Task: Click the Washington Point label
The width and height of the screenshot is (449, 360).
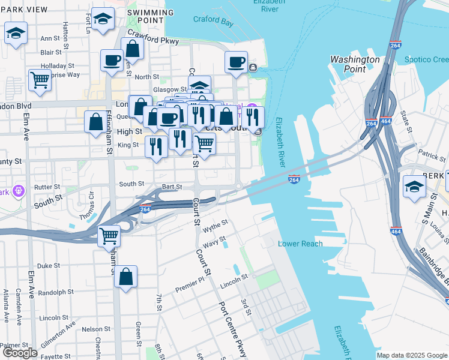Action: (355, 64)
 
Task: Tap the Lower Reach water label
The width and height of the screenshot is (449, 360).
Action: (300, 244)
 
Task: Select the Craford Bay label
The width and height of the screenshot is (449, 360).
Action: (213, 22)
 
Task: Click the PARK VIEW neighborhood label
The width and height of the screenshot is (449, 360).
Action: (24, 10)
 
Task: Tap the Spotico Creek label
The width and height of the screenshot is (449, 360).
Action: (426, 59)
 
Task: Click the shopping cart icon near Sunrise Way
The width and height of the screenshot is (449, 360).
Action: (40, 79)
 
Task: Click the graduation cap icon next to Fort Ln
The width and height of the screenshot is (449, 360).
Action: (103, 19)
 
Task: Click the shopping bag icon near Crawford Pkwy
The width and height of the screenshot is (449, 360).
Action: (132, 49)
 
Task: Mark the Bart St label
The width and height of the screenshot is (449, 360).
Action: (171, 187)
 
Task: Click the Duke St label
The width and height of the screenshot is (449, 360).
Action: (49, 265)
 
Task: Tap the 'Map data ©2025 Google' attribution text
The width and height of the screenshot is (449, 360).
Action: (411, 355)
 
